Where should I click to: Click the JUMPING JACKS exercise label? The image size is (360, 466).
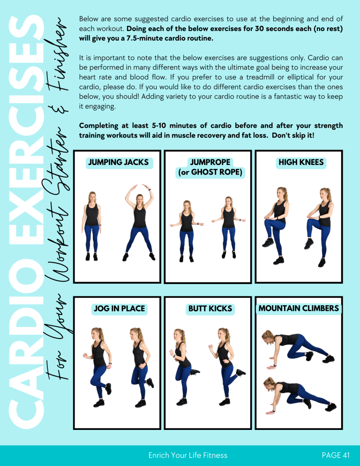tap(118, 163)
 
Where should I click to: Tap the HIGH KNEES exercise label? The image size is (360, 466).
tap(301, 163)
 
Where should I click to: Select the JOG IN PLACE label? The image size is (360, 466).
tap(119, 309)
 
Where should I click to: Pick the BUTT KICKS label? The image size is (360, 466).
tap(210, 309)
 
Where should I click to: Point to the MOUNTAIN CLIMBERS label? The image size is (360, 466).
tap(299, 308)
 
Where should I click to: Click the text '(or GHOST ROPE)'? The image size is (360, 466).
tap(210, 173)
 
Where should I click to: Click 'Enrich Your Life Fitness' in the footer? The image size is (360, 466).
tap(187, 455)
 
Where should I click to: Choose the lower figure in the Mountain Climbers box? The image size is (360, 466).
tap(298, 396)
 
